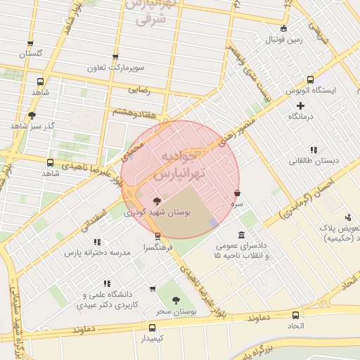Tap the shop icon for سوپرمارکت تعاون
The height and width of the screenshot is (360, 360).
115,58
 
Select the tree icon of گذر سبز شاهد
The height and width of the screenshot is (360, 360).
32,115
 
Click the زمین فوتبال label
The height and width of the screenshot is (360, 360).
283,40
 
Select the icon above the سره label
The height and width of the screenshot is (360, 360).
237,193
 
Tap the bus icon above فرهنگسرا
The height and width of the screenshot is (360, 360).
157,236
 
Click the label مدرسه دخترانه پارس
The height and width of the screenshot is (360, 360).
98,252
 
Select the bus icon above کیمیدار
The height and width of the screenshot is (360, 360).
152,327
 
